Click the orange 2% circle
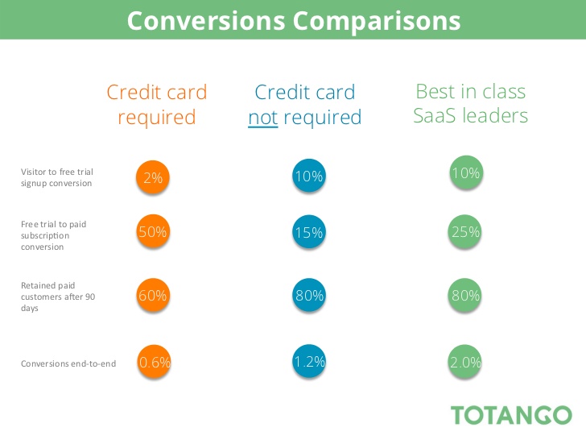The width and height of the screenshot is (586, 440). tap(152, 177)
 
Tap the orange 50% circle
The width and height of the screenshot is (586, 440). tap(153, 231)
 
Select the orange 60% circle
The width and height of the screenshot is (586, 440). tap(153, 295)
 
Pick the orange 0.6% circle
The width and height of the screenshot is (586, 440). tap(154, 361)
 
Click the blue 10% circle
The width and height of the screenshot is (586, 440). tap(309, 176)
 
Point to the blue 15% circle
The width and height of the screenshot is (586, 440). tap(309, 232)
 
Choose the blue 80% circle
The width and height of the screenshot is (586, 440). tap(309, 295)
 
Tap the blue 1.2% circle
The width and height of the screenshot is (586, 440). tap(309, 361)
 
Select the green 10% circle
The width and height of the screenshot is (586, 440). tap(466, 172)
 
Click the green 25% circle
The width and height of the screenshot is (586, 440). tap(464, 231)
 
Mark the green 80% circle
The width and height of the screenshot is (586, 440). tap(464, 295)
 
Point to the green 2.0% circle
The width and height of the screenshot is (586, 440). tap(465, 361)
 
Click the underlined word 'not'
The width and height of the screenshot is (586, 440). tap(263, 118)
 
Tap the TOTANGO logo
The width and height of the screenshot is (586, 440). tap(511, 415)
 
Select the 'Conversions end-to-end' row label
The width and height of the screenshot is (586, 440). tap(68, 363)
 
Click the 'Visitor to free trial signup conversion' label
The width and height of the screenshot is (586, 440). tap(57, 177)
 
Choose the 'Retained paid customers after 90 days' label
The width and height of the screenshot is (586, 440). tap(58, 297)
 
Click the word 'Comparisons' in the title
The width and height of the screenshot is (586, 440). tap(377, 21)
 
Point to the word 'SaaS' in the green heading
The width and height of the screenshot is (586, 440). tap(435, 115)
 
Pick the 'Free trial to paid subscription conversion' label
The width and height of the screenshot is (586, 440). tap(53, 235)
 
